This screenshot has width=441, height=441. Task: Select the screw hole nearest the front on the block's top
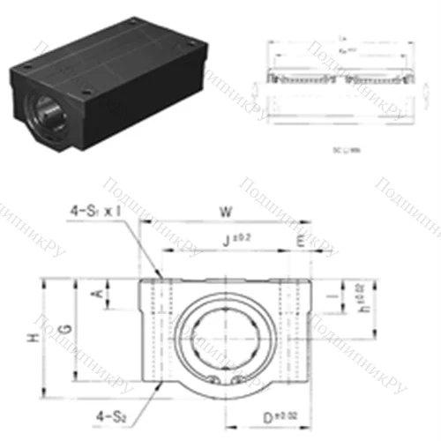pos(86,90)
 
